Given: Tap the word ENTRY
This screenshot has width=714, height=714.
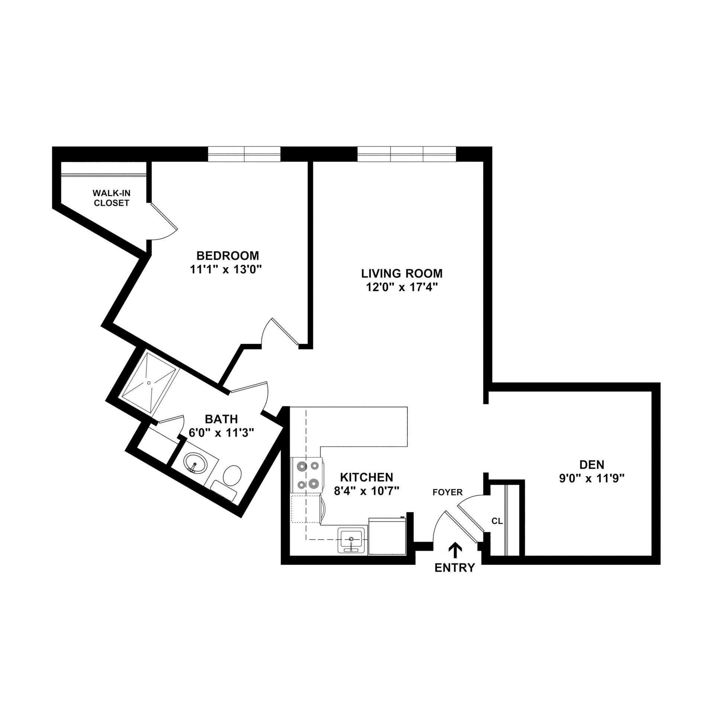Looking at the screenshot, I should click(455, 568).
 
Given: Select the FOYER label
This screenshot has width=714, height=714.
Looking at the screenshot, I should click(447, 492).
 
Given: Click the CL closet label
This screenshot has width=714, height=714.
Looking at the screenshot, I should click(497, 521).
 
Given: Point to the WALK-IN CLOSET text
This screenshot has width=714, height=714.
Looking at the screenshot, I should click(111, 198).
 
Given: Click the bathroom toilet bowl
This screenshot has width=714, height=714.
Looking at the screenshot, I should click(232, 475).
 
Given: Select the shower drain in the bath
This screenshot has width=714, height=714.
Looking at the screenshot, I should click(149, 383).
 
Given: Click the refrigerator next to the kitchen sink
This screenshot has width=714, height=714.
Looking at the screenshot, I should click(387, 537).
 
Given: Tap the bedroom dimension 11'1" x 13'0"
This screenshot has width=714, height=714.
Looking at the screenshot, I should click(227, 269).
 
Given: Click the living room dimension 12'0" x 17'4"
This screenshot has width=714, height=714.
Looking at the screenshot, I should click(402, 287).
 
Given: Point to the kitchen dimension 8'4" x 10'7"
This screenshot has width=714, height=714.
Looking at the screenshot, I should click(366, 491).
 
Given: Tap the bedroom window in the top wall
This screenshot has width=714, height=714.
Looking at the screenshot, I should click(244, 154).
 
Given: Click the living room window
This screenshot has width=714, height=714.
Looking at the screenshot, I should click(406, 154).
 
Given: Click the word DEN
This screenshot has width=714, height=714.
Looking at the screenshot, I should click(591, 464).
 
